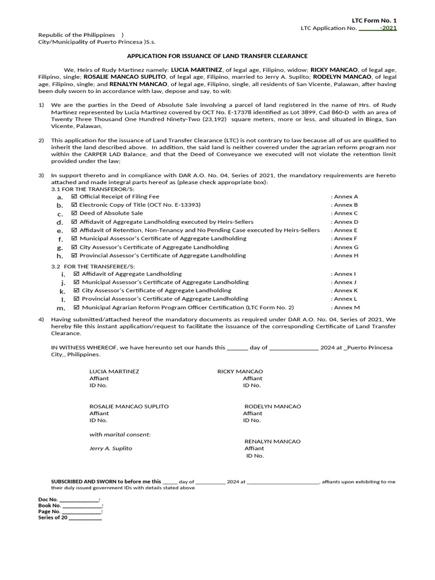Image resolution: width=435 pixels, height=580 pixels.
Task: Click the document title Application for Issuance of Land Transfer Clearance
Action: [x=217, y=56]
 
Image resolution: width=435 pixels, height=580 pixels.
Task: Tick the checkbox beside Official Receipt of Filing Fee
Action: [x=74, y=197]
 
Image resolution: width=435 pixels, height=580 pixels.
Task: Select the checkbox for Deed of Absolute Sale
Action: [x=74, y=214]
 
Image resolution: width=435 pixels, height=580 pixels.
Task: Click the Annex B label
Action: [x=346, y=205]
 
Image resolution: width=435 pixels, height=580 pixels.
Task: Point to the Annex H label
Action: [x=346, y=255]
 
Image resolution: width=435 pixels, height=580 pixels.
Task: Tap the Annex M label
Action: [x=347, y=308]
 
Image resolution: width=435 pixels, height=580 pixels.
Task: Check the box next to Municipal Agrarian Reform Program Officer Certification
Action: [x=76, y=308]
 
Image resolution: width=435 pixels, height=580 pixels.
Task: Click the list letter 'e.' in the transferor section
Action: [x=60, y=231]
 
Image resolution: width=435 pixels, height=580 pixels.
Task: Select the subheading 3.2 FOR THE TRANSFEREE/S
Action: [x=93, y=266]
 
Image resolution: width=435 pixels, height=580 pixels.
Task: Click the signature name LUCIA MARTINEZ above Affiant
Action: [x=114, y=372]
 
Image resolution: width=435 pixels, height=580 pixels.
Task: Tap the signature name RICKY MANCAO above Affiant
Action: [x=240, y=372]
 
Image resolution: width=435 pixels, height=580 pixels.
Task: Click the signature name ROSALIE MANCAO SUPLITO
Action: [x=129, y=407]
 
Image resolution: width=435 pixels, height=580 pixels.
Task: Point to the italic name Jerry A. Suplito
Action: [x=110, y=448]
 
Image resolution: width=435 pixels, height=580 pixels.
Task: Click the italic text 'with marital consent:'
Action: [x=120, y=434]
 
